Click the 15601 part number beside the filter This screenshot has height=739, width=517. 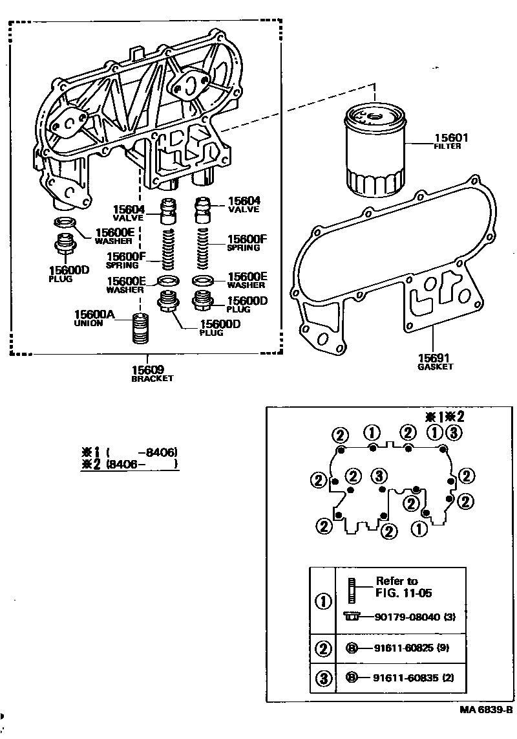(x=450, y=138)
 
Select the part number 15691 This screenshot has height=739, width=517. (x=434, y=358)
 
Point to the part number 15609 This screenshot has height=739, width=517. (x=148, y=370)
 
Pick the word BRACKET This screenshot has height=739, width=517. (x=152, y=379)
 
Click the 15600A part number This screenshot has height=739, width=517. (x=96, y=314)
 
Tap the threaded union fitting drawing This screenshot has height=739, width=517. (x=141, y=330)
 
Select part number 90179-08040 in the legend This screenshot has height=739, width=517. (x=407, y=617)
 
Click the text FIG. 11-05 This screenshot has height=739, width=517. (x=404, y=593)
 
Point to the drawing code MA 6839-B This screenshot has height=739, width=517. (x=486, y=710)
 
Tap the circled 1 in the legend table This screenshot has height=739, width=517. (x=322, y=601)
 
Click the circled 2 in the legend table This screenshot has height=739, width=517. (x=322, y=647)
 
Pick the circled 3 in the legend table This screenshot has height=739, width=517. (x=322, y=678)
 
